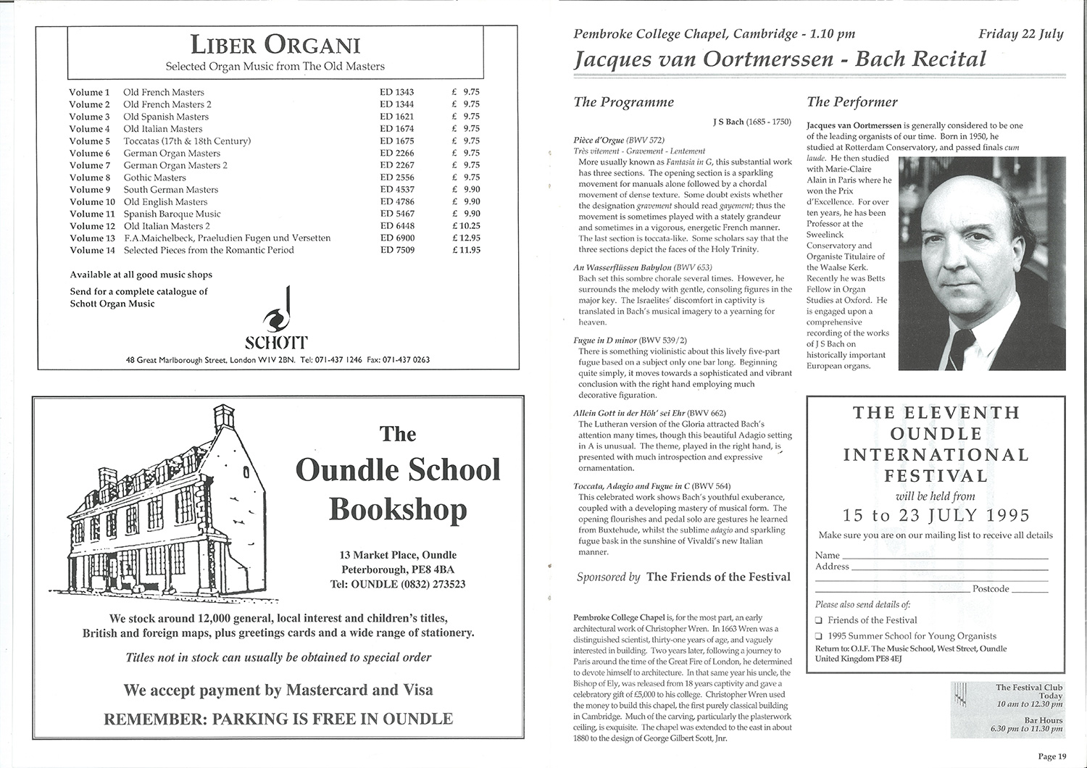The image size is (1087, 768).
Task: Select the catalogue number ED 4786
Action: [397, 201]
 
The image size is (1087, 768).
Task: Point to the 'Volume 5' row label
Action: [90, 141]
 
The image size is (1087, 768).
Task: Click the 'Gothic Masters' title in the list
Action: [154, 178]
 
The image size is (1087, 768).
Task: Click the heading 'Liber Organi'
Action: [275, 46]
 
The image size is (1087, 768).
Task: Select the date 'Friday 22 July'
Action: [1020, 34]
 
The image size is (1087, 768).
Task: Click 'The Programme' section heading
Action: [623, 102]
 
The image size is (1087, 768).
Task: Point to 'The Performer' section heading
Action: [852, 102]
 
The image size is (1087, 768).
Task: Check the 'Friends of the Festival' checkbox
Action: [818, 620]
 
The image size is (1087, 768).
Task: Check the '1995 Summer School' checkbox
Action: [818, 636]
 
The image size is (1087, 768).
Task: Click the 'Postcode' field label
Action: [991, 589]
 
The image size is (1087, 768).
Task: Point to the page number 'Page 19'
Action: [1052, 756]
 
